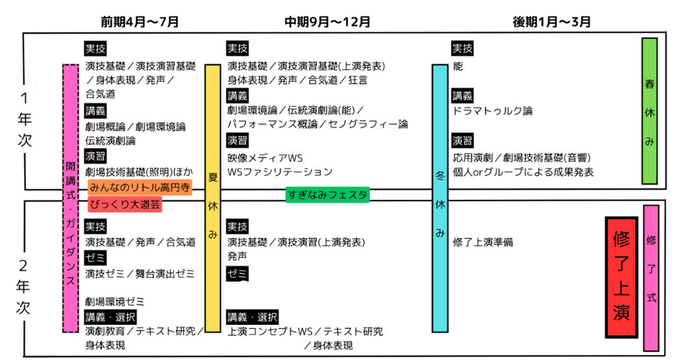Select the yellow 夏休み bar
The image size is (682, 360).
[x=212, y=197]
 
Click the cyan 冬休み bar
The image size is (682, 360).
[x=440, y=197]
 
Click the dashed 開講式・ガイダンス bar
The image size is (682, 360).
[x=71, y=197]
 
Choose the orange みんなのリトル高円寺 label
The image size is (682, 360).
[x=139, y=188]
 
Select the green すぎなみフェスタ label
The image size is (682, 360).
[x=327, y=194]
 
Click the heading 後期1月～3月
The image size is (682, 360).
[x=552, y=21]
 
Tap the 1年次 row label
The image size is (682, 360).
[x=24, y=121]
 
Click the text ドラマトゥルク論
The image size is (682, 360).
[x=492, y=111]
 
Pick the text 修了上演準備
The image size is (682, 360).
[x=483, y=242]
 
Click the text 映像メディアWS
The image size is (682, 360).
[x=265, y=157]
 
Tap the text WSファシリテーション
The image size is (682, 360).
[x=280, y=172]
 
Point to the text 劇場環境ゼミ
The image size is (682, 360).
[x=115, y=302]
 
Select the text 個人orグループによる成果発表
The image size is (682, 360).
[x=523, y=172]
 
